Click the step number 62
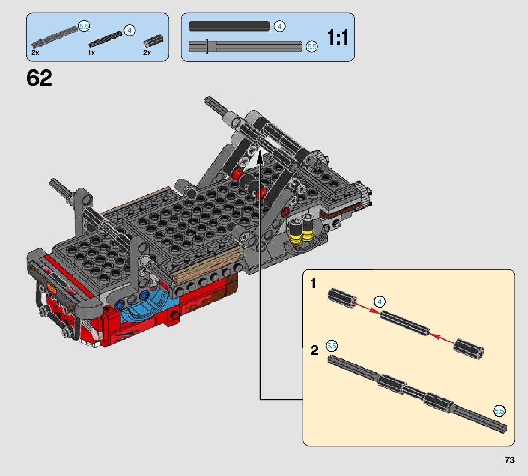click(x=39, y=78)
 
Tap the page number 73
click(x=510, y=460)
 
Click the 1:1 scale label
click(x=338, y=37)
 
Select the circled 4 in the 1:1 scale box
click(x=279, y=26)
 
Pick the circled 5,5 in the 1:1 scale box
click(x=312, y=46)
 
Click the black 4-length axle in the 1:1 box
click(x=229, y=26)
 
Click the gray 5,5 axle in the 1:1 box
click(x=245, y=46)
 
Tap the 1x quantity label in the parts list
click(x=92, y=53)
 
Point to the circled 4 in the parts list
click(x=129, y=31)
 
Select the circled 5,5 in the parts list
click(x=84, y=26)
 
